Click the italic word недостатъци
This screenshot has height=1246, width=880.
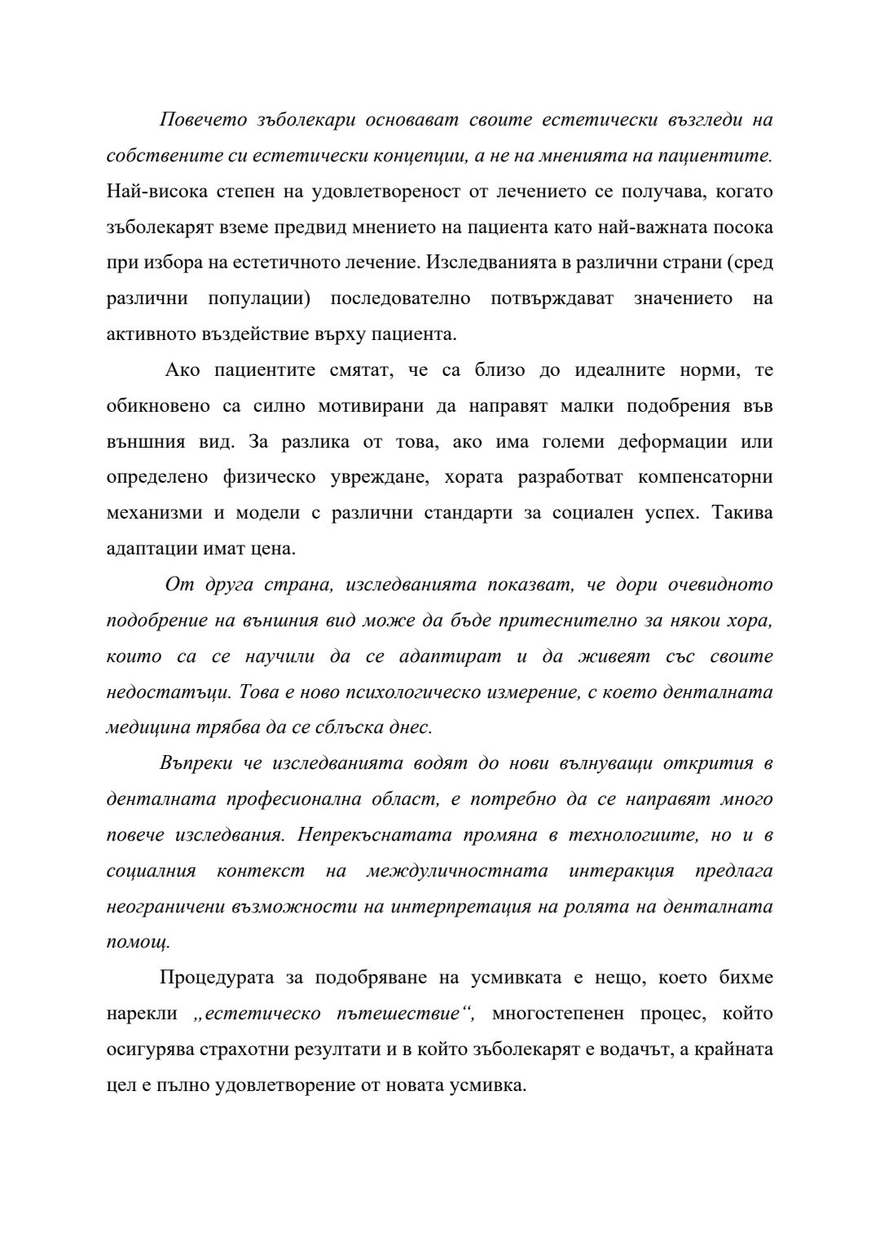point(170,692)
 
